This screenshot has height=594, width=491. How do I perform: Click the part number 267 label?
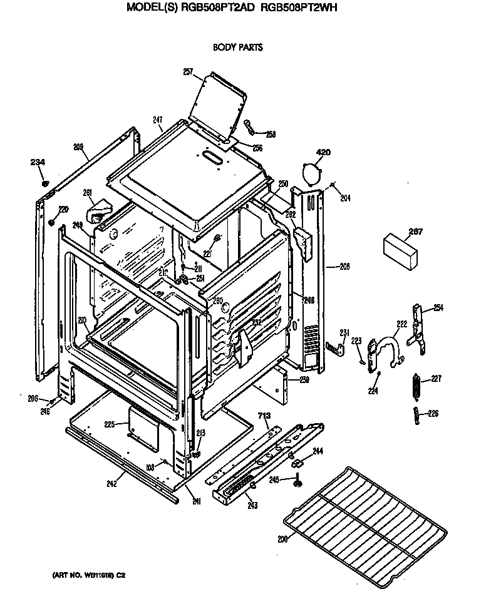(415, 232)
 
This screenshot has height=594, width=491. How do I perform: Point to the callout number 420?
(323, 152)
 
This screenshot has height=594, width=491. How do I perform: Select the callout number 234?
(38, 163)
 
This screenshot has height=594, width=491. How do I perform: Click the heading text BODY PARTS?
(237, 47)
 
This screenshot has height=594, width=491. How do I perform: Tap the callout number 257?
(188, 71)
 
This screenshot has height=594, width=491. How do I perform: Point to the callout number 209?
(78, 147)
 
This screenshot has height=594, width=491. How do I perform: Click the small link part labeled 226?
(416, 414)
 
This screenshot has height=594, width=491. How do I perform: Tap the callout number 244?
(318, 451)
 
